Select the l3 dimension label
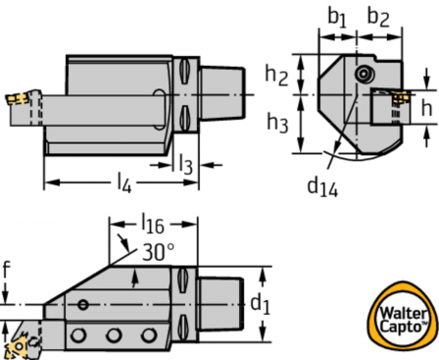tap(183, 163)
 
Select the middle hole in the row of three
tap(115, 336)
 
